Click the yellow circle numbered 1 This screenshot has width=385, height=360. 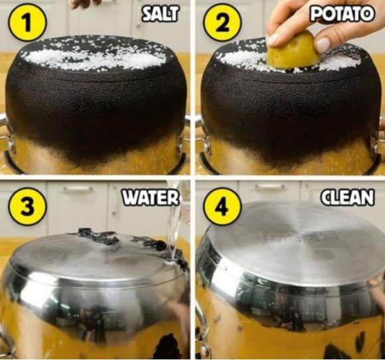[27, 23]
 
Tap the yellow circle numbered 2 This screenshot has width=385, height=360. [222, 23]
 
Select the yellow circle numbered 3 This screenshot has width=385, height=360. [27, 206]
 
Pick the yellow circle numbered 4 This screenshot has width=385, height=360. [222, 206]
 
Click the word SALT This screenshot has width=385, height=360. [160, 14]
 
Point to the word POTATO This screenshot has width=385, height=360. [342, 14]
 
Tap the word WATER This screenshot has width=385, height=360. [151, 198]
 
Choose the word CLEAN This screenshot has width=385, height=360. [348, 198]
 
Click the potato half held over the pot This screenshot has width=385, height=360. [293, 52]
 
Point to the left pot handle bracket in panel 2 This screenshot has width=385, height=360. [206, 145]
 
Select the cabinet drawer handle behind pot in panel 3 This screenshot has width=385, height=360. [78, 188]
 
